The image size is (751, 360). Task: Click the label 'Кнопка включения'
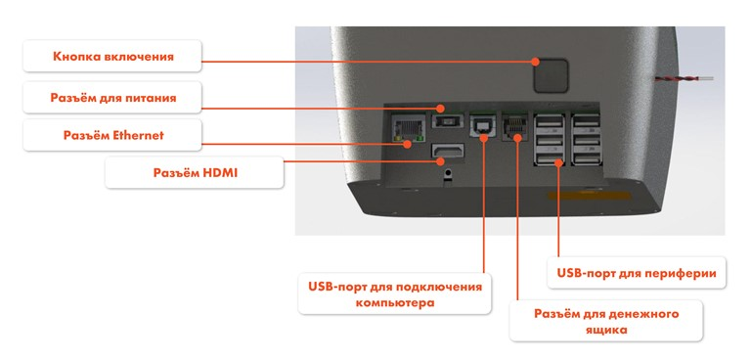pos(113,57)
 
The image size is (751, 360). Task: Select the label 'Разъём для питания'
pos(113,98)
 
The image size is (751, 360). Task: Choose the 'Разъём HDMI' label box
pos(196,173)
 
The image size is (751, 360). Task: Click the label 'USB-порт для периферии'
pos(636,273)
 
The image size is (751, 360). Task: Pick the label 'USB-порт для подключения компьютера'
pos(395,293)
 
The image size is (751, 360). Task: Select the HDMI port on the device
pos(448,154)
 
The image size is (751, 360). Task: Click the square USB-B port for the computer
pos(483,127)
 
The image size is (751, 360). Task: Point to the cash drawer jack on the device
pos(514,127)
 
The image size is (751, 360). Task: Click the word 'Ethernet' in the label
pos(137,135)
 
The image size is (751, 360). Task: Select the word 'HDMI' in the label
pos(222,173)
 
